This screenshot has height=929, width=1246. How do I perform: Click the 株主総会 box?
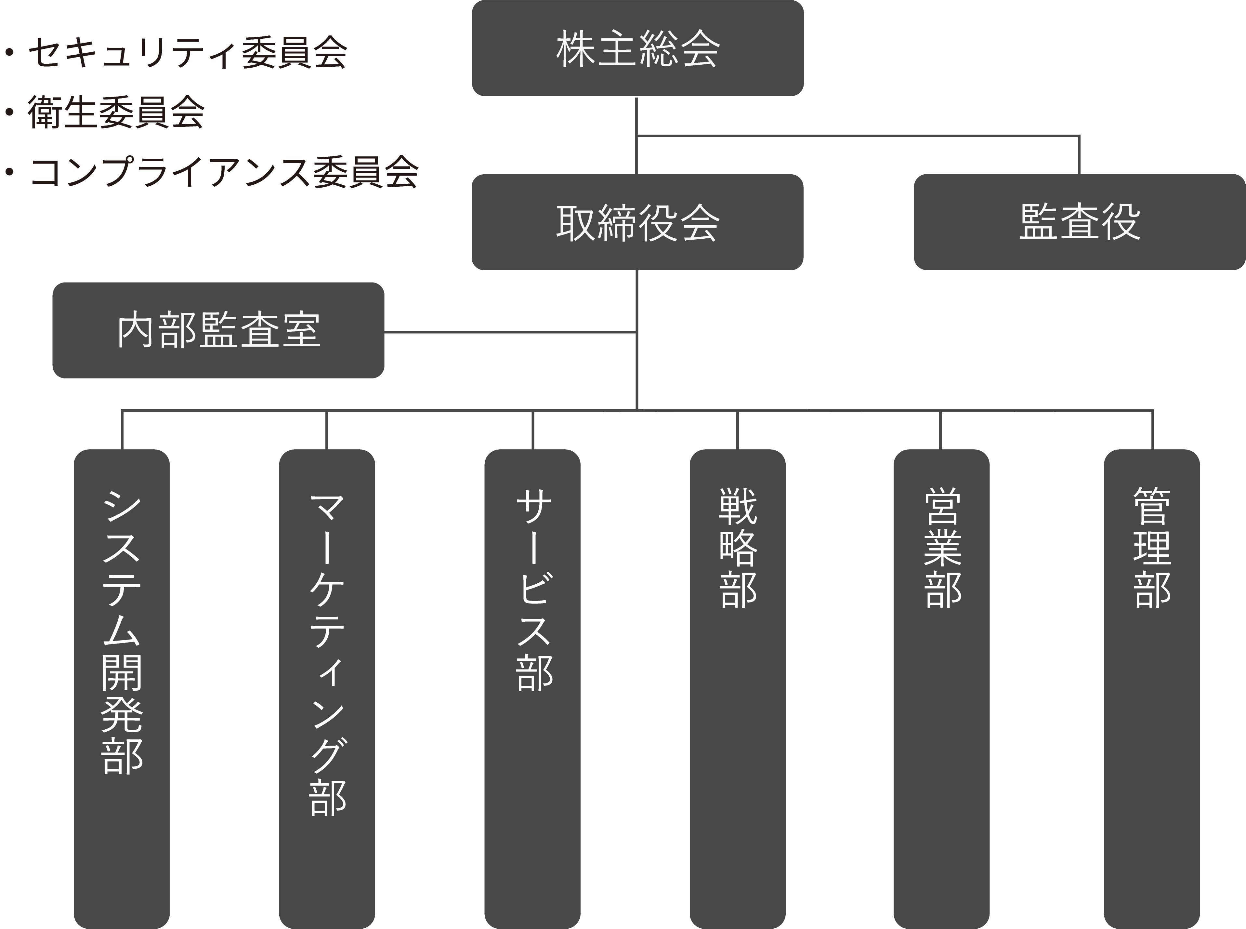coord(637,48)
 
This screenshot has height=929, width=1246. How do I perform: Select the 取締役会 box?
coord(637,222)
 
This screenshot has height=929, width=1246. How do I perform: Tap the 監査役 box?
coord(1079,222)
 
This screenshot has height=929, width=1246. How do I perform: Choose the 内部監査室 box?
coord(218,330)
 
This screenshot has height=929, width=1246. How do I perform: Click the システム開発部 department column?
coord(121,689)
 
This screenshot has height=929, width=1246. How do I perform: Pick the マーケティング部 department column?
coord(326,689)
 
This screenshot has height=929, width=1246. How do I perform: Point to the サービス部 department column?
coord(532,689)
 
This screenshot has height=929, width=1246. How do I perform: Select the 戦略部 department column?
coord(737,689)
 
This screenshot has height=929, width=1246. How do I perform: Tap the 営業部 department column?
coord(941,689)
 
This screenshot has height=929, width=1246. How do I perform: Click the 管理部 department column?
coord(1152,689)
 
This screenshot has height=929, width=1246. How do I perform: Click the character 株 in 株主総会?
coord(576,49)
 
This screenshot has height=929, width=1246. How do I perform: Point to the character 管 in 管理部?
coord(1152,506)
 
